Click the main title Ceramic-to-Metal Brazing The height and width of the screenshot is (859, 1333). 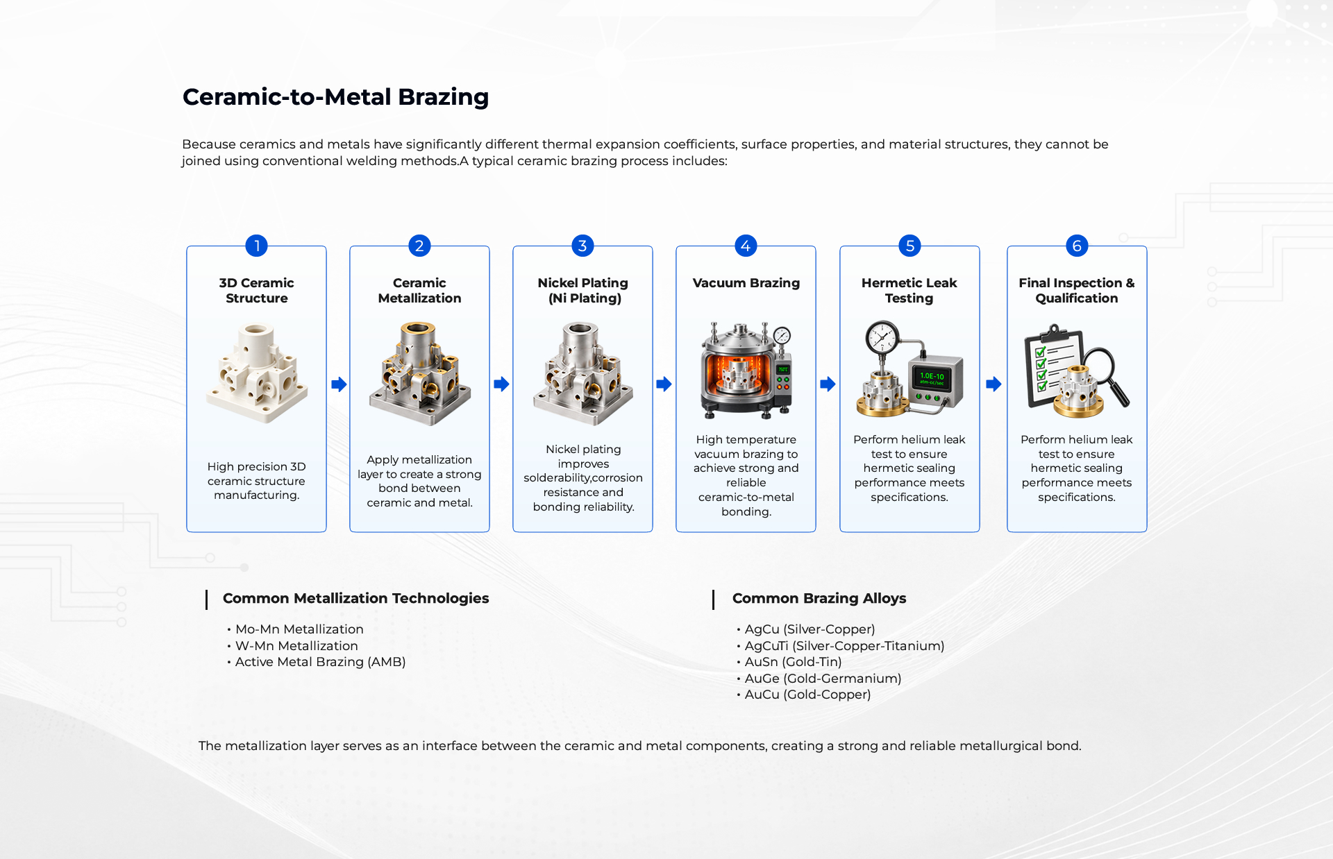click(335, 97)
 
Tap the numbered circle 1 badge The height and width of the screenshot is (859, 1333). click(256, 246)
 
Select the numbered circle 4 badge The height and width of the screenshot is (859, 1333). click(746, 246)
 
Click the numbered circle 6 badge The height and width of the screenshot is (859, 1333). click(1077, 246)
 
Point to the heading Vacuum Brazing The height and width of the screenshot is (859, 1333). click(746, 283)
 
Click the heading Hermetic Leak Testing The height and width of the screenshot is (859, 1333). click(909, 291)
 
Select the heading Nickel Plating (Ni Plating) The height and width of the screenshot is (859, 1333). click(583, 291)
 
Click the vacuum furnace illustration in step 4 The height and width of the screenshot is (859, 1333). click(746, 370)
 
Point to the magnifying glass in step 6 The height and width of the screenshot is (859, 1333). click(1104, 375)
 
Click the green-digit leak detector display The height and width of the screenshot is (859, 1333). click(932, 378)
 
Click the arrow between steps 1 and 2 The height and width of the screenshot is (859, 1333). click(339, 384)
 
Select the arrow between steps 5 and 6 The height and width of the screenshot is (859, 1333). click(994, 384)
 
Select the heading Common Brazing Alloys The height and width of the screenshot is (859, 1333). click(819, 598)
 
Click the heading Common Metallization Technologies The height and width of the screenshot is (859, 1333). click(356, 598)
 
